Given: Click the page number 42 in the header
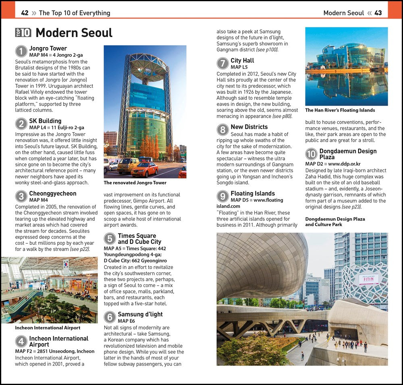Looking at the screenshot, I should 25,13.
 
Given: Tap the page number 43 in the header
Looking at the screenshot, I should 378,13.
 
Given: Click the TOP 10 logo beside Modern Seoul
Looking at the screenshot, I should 23,33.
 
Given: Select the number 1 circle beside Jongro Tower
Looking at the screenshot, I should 21,51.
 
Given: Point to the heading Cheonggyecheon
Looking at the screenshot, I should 52,194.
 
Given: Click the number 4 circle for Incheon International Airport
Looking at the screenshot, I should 21,341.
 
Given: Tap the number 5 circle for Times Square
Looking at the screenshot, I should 110,239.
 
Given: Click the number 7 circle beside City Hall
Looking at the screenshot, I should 222,63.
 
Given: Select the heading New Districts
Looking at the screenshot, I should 249,127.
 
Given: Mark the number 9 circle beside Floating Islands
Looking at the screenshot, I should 222,196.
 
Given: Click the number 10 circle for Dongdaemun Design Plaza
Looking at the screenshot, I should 311,154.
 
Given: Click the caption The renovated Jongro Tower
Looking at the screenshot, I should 135,183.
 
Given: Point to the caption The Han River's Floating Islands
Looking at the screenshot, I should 340,110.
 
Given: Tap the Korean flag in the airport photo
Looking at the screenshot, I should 66,264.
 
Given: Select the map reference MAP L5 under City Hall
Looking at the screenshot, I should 239,67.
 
